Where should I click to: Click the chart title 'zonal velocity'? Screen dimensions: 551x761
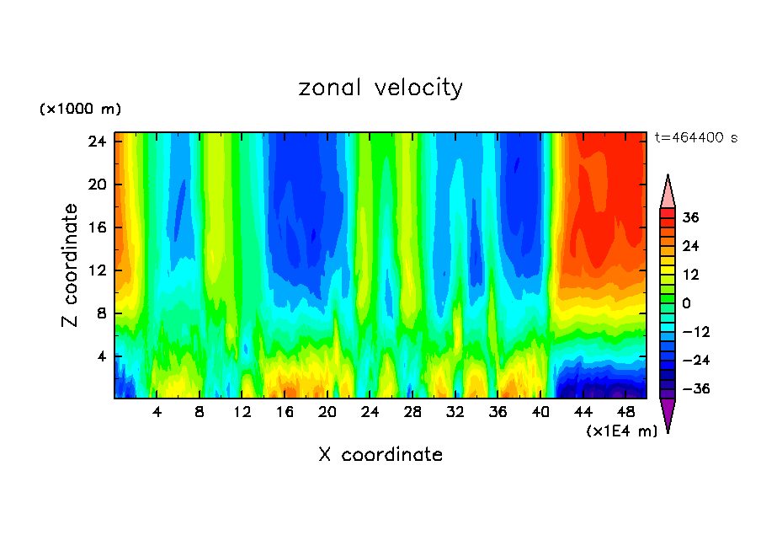click(380, 88)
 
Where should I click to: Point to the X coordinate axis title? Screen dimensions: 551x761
click(380, 455)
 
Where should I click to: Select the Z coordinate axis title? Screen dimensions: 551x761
click(70, 265)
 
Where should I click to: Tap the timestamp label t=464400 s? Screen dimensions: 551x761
click(695, 137)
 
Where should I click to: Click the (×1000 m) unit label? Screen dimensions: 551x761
click(80, 110)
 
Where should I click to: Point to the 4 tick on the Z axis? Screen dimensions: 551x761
click(102, 356)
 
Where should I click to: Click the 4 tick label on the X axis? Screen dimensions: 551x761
click(157, 412)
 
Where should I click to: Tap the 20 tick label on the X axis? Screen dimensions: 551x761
click(327, 412)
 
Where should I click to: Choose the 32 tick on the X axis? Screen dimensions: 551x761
click(455, 412)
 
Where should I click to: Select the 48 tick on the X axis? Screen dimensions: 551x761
click(626, 412)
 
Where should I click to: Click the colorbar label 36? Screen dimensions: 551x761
click(691, 217)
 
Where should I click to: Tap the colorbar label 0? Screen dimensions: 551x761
click(687, 303)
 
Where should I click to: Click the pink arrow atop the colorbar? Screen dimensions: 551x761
click(668, 191)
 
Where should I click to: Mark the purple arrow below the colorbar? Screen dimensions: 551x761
click(668, 415)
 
